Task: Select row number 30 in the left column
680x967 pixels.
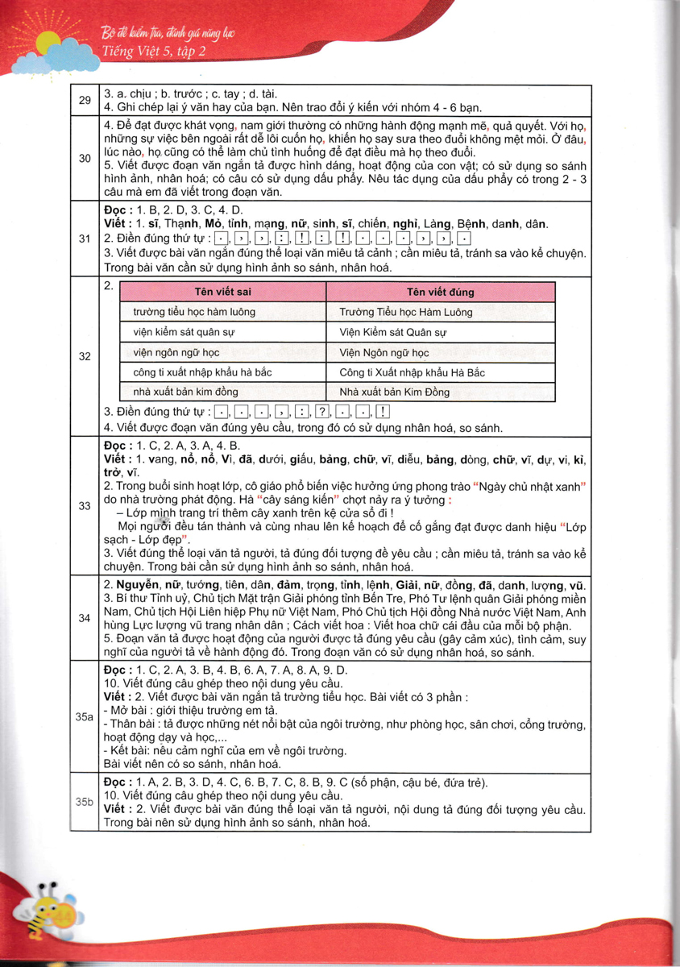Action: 85,158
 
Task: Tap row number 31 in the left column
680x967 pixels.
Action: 85,238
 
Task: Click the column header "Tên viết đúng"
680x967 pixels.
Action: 441,292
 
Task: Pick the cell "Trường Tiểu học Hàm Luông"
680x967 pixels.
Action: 405,312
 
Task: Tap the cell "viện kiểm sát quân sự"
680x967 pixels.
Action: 184,332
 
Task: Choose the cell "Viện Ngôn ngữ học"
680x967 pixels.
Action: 384,352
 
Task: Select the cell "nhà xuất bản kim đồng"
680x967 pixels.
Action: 186,392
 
